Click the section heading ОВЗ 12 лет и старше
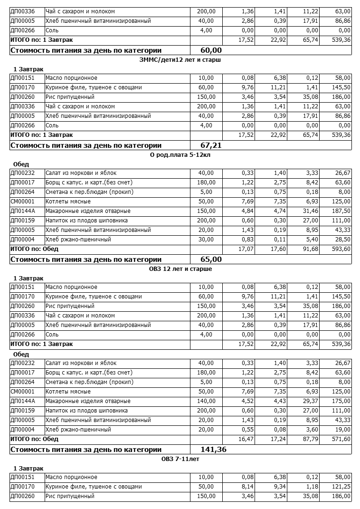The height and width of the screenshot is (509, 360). click(180, 269)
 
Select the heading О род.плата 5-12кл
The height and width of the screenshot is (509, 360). click(180, 155)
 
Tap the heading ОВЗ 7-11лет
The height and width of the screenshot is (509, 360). click(180, 459)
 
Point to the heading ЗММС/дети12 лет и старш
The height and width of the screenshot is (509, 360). click(180, 60)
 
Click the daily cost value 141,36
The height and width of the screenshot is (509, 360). click(208, 450)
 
